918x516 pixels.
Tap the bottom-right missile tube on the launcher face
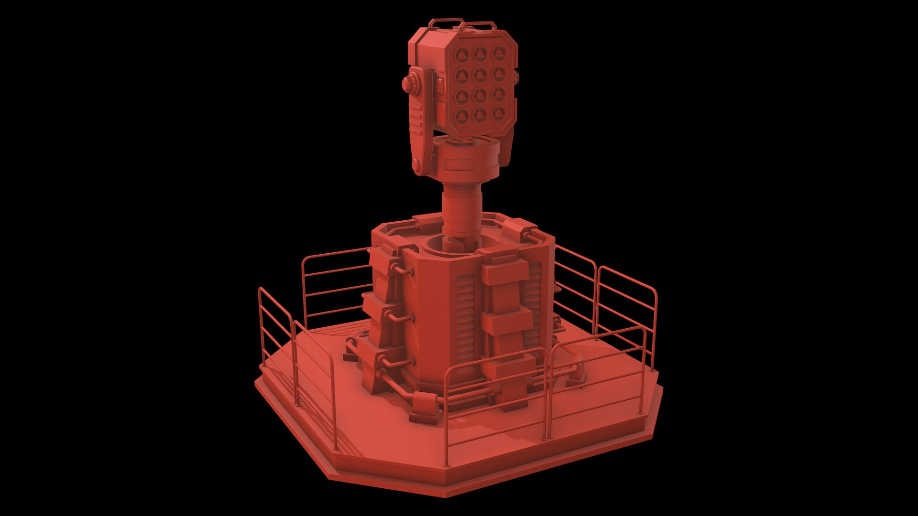(498, 114)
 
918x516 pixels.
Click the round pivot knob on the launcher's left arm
(410, 86)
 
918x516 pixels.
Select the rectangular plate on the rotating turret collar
(459, 165)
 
